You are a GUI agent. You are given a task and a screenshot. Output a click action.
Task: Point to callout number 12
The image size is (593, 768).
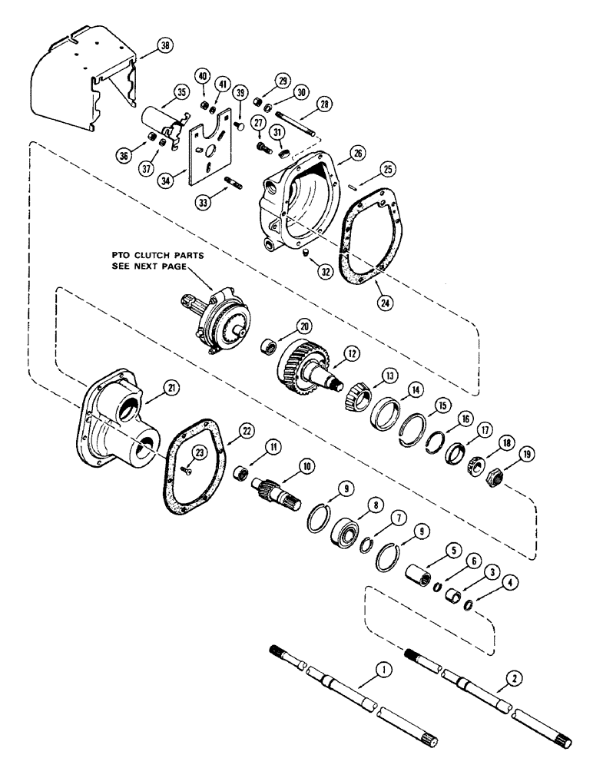pyautogui.click(x=353, y=354)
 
